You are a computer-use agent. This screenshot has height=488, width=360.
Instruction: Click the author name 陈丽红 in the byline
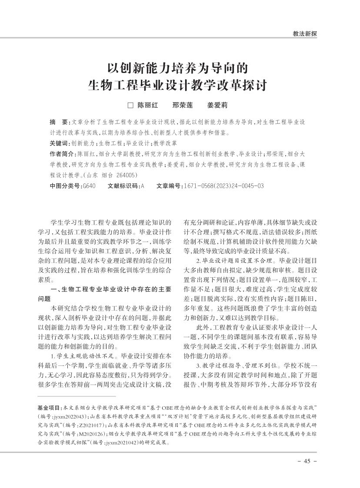click(148, 105)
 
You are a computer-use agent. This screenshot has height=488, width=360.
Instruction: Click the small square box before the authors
click(129, 105)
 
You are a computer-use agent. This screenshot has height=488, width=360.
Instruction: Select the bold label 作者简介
click(62, 154)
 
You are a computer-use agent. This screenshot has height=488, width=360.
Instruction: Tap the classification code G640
click(89, 186)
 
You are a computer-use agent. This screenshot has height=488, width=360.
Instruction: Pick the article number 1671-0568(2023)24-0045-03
click(223, 186)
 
